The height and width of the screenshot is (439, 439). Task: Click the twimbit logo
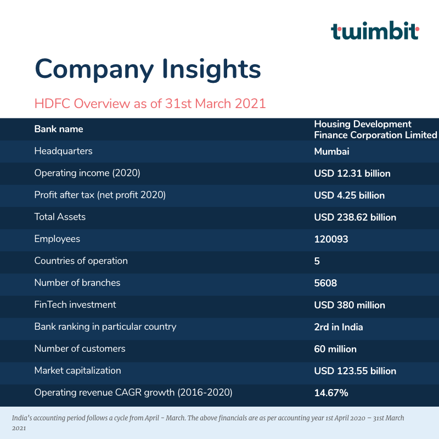click(x=375, y=31)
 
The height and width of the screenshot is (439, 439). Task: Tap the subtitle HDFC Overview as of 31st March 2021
click(x=150, y=104)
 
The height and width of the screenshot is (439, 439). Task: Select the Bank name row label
click(x=59, y=130)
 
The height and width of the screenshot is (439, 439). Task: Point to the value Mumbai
click(x=331, y=151)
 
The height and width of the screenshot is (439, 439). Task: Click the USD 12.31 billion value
click(x=352, y=173)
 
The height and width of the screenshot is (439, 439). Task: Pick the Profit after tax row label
click(x=100, y=195)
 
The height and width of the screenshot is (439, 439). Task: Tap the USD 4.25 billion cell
click(x=349, y=195)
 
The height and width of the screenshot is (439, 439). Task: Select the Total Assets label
click(x=60, y=217)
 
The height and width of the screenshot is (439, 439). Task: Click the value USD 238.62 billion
click(x=354, y=217)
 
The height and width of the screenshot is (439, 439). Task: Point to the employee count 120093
click(x=331, y=239)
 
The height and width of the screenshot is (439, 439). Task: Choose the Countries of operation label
click(x=81, y=261)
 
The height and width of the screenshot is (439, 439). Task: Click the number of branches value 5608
click(x=325, y=283)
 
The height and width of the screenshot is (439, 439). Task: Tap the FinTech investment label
click(x=75, y=305)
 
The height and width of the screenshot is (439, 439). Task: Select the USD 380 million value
click(x=349, y=305)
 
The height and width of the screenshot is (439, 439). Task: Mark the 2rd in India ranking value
click(x=338, y=327)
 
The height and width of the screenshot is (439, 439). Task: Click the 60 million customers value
click(x=335, y=349)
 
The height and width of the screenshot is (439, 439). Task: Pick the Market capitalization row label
click(x=77, y=370)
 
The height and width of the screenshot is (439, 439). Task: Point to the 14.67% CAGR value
click(x=331, y=393)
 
